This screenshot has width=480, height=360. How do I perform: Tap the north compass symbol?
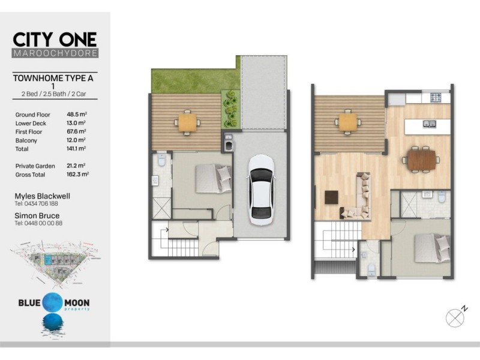point(456,316)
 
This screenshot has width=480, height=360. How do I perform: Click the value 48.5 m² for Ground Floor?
point(77,114)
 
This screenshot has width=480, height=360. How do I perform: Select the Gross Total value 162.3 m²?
point(77,174)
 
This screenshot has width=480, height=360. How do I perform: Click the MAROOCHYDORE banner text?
point(55,53)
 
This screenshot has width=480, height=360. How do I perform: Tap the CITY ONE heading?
point(55,39)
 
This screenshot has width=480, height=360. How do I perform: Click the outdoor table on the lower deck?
point(188,122)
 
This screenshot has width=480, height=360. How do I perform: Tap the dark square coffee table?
point(332,197)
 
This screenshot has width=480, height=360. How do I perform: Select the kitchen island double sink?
point(430,125)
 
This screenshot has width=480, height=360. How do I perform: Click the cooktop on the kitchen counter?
point(436,97)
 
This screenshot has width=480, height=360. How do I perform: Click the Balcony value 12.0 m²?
point(77,140)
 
